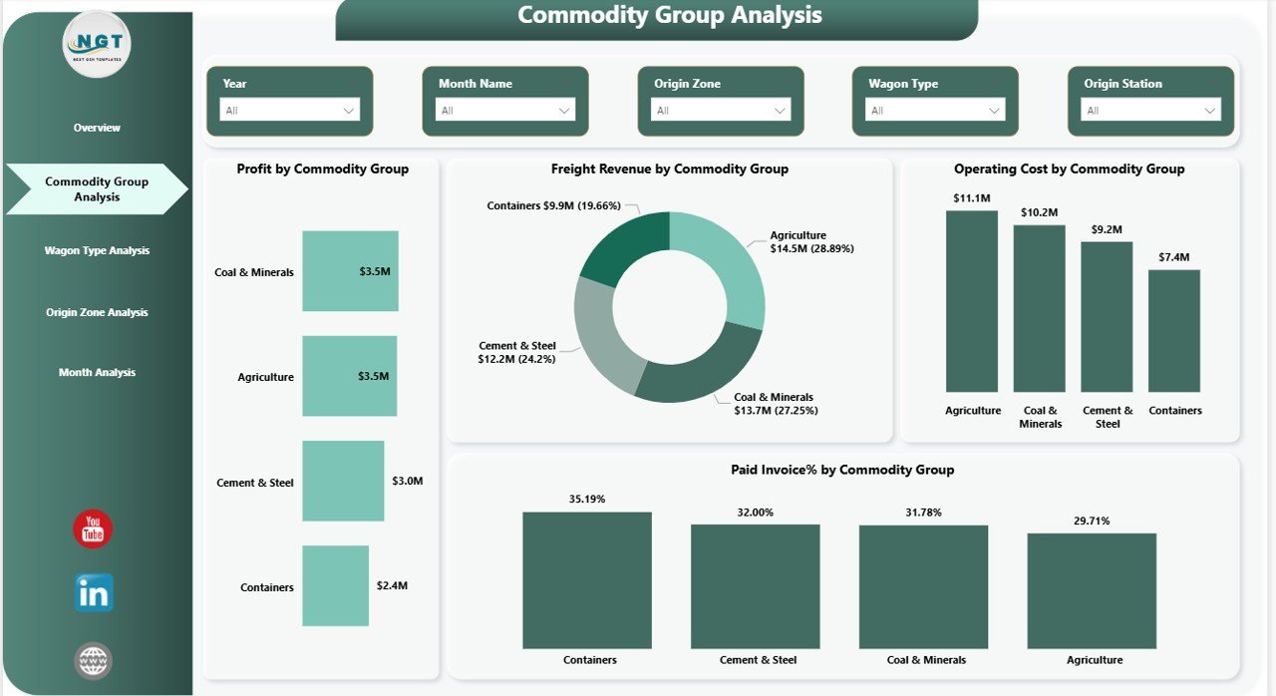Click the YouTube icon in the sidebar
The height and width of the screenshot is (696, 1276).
click(x=93, y=529)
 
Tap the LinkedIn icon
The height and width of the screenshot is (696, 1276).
click(x=94, y=593)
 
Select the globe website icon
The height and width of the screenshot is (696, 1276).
click(x=94, y=660)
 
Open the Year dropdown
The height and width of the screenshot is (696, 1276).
click(x=289, y=111)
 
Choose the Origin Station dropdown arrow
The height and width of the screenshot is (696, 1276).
click(x=1210, y=111)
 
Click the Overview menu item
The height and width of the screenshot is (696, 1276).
click(x=97, y=128)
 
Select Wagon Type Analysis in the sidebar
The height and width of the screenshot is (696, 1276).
click(x=97, y=250)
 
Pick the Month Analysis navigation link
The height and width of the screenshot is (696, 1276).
click(x=97, y=372)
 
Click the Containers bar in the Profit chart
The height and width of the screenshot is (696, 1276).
click(x=335, y=585)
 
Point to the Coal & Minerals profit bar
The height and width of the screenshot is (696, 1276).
click(x=350, y=271)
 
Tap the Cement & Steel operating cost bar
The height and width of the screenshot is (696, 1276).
click(x=1107, y=316)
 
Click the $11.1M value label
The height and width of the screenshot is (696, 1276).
click(x=971, y=198)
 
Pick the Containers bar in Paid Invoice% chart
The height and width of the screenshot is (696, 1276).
click(x=587, y=579)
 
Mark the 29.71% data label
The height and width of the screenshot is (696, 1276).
click(x=1092, y=521)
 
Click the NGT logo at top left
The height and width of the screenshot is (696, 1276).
click(x=97, y=44)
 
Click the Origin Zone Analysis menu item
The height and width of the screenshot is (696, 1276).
click(x=97, y=312)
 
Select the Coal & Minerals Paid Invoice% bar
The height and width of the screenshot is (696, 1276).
click(x=923, y=586)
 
